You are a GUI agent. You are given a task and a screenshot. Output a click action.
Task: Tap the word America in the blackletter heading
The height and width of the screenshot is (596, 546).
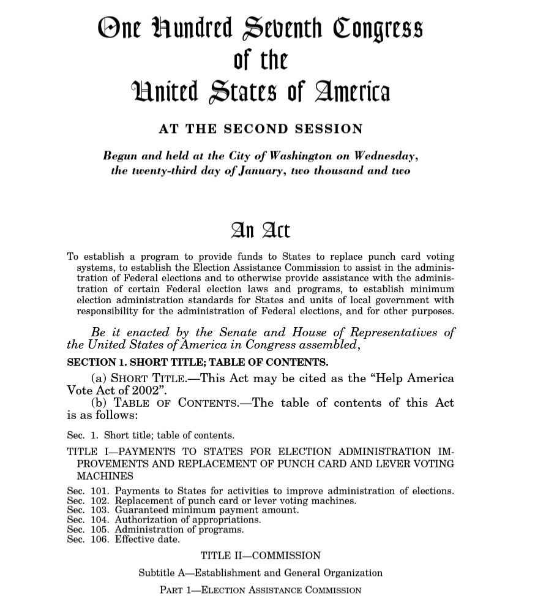(352, 92)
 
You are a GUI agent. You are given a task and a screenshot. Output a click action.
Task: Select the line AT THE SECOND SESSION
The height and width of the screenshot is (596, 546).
(261, 129)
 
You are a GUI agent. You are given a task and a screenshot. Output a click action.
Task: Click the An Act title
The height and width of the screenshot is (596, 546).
(260, 230)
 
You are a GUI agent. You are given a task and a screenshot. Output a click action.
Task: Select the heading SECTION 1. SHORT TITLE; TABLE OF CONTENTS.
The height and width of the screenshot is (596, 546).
(197, 362)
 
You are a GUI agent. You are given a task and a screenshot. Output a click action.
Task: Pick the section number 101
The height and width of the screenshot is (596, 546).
(99, 491)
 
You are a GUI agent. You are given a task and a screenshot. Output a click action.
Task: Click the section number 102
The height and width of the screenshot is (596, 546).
(99, 500)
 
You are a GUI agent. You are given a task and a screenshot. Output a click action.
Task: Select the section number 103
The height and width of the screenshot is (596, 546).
(99, 510)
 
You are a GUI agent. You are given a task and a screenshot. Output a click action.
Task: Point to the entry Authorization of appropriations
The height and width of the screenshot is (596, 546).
(188, 519)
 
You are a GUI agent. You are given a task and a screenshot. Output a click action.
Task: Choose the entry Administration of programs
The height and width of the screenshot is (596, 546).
(179, 529)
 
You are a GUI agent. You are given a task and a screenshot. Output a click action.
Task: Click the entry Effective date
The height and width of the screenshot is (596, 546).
(148, 539)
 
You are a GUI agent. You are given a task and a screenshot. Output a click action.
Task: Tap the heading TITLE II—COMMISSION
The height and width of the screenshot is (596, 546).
(260, 556)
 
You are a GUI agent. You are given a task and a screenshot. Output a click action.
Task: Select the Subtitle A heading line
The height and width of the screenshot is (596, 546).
(260, 573)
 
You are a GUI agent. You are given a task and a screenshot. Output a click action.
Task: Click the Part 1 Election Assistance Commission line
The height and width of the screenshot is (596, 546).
(260, 590)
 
